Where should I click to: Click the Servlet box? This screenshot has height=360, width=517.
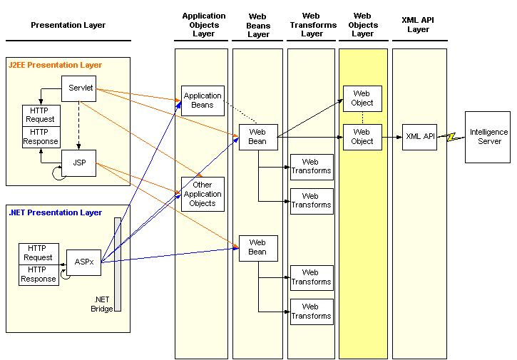79,88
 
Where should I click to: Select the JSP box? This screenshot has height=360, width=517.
79,163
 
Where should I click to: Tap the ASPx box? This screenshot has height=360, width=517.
83,262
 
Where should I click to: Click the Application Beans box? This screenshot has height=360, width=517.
203,101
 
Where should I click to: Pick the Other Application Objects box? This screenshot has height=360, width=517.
203,194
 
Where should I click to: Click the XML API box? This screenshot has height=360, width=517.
419,137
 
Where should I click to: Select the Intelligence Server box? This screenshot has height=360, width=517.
488,137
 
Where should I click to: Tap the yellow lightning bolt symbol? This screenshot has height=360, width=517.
451,136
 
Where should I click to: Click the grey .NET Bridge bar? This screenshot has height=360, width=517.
118,264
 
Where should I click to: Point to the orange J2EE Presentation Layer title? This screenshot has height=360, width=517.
55,65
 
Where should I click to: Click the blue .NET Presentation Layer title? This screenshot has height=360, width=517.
55,212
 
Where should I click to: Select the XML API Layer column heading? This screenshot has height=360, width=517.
418,25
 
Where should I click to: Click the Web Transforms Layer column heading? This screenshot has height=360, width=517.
313,25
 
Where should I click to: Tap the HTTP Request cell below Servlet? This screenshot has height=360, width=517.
41,115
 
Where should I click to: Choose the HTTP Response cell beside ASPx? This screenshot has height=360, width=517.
39,274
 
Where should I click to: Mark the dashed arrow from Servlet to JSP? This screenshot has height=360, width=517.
79,125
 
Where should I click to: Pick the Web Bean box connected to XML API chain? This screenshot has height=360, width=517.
258,137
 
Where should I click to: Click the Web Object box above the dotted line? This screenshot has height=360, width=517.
362,98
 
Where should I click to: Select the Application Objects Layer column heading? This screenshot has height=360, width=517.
204,25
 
